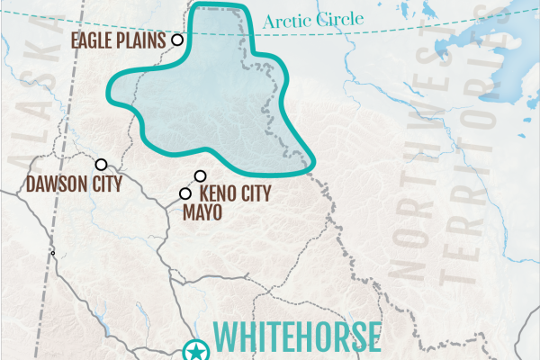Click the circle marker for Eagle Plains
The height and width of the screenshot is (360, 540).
pyautogui.click(x=178, y=40)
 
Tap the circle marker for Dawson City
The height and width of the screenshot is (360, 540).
pyautogui.click(x=102, y=165)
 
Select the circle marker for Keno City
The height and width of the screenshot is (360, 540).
pyautogui.click(x=201, y=176)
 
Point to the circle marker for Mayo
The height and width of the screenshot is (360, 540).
pyautogui.click(x=185, y=193)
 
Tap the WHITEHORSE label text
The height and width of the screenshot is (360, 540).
pyautogui.click(x=300, y=337)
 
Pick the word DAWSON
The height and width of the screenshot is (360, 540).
pyautogui.click(x=51, y=186)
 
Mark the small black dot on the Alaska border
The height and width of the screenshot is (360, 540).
pyautogui.click(x=53, y=253)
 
